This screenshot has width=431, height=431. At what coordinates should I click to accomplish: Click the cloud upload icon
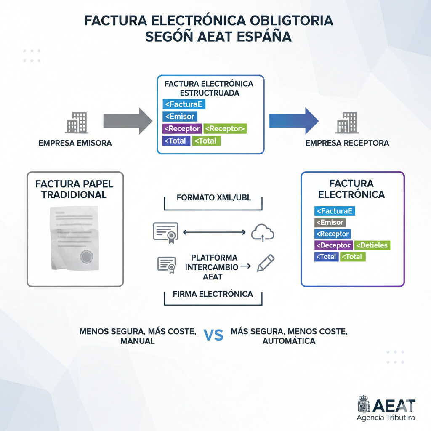262,232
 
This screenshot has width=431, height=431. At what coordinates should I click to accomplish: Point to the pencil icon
265,262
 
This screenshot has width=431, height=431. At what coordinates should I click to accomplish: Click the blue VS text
213,335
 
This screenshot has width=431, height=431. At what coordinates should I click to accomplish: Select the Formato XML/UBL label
214,197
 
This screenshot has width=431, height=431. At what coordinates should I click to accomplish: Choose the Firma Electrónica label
213,294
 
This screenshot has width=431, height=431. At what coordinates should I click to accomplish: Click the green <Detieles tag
372,245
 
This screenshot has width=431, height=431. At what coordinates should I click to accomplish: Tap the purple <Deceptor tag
333,245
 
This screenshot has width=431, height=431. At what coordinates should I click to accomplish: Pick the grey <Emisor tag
330,222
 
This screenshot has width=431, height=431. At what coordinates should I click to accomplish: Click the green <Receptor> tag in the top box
225,128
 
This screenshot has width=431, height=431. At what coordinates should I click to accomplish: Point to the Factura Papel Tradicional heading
74,189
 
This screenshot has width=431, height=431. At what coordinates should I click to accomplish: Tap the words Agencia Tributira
386,418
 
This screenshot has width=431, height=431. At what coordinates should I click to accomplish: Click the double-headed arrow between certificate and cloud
215,231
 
